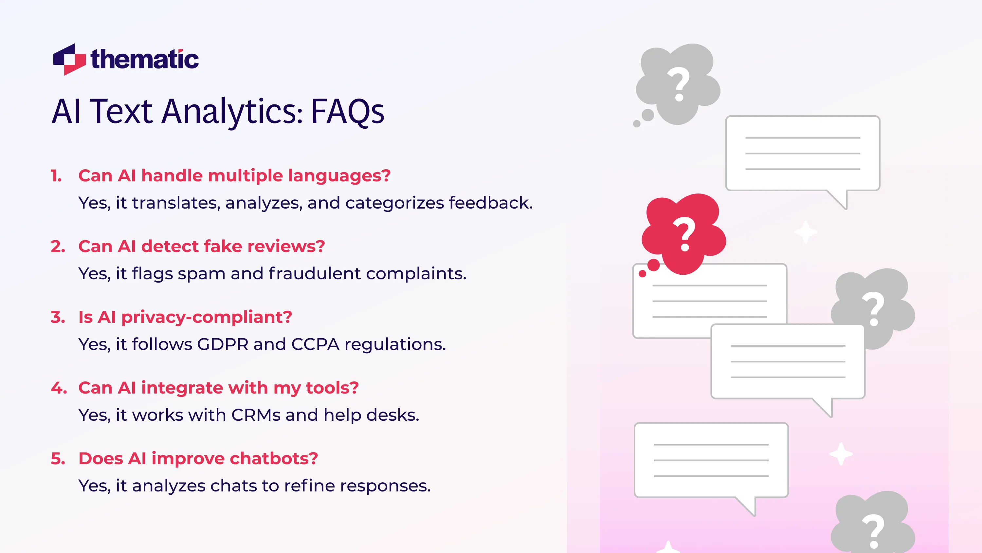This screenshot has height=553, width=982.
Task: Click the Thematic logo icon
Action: point(69,59)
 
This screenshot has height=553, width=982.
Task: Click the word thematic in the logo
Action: point(145,60)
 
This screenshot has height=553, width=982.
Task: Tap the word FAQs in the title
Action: point(347,111)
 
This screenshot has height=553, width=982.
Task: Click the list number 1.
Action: point(56,176)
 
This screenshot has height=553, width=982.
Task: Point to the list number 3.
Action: point(58,317)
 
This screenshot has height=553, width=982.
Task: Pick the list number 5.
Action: point(58,458)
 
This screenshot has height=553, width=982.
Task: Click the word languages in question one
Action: point(339,176)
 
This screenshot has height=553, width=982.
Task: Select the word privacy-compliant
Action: point(206,317)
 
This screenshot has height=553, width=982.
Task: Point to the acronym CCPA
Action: point(315,344)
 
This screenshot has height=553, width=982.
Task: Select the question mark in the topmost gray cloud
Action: point(679,84)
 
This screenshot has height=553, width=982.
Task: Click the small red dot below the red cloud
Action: point(642,274)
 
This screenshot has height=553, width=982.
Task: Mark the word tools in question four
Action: point(332,388)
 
